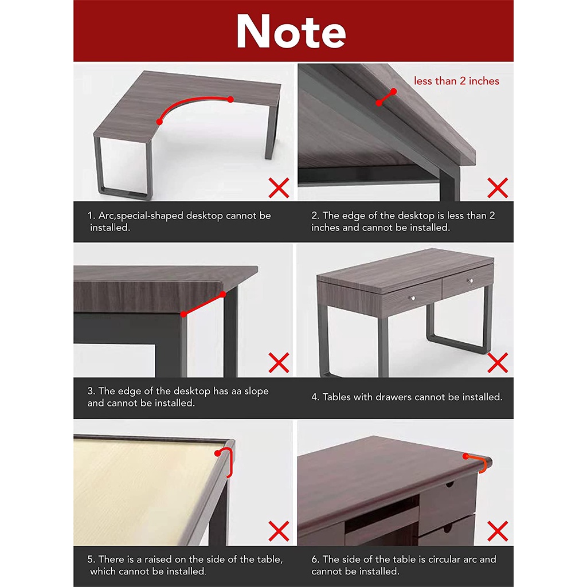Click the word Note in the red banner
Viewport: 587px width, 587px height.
(291, 32)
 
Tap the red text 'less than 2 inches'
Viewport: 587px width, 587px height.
(456, 81)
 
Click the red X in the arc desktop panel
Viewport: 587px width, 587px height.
(279, 187)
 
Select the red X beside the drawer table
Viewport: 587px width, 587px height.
(498, 363)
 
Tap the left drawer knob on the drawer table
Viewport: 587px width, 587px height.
(413, 298)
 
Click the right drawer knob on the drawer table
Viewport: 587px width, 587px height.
(471, 280)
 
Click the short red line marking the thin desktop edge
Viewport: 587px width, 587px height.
(386, 97)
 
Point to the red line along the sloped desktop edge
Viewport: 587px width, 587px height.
(204, 304)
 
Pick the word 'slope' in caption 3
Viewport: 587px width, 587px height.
(256, 391)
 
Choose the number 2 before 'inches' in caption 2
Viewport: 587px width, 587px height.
(492, 216)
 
